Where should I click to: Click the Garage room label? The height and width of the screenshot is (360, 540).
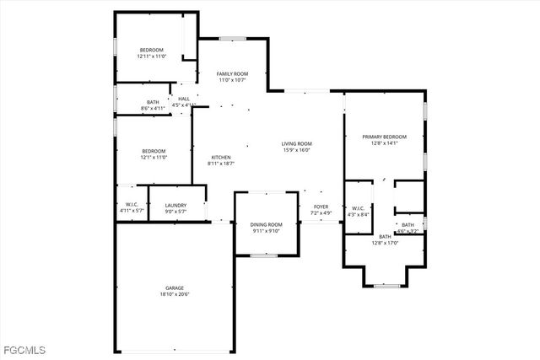click(175, 288)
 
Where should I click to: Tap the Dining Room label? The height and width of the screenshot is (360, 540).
click(265, 224)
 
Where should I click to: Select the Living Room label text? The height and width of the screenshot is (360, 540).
click(296, 143)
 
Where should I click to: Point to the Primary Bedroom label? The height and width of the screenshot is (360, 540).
click(384, 137)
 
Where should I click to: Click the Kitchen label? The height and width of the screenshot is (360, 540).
click(221, 157)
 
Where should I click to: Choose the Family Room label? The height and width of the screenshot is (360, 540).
click(232, 74)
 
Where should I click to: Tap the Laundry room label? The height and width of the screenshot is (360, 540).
click(175, 205)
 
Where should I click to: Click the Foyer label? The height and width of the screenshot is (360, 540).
click(321, 207)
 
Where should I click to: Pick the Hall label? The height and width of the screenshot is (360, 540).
click(184, 99)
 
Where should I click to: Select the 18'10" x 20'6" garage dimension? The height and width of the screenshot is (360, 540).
click(175, 294)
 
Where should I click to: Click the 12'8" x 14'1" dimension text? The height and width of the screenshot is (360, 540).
click(384, 143)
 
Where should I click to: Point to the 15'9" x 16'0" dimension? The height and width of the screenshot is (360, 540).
click(296, 150)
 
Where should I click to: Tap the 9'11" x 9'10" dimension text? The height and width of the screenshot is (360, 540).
click(265, 231)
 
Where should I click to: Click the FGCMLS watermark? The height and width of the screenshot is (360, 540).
click(24, 349)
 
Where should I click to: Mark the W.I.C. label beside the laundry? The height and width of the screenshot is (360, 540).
click(132, 205)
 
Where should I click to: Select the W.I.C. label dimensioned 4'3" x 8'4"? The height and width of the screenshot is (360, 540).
click(358, 208)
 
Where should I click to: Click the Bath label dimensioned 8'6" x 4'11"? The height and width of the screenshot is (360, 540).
click(153, 102)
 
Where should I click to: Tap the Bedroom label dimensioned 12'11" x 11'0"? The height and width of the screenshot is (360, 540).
click(153, 50)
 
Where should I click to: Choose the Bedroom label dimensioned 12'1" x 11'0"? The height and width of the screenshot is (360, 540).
click(153, 151)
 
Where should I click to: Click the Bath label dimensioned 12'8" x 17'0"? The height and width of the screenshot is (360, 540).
click(385, 237)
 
